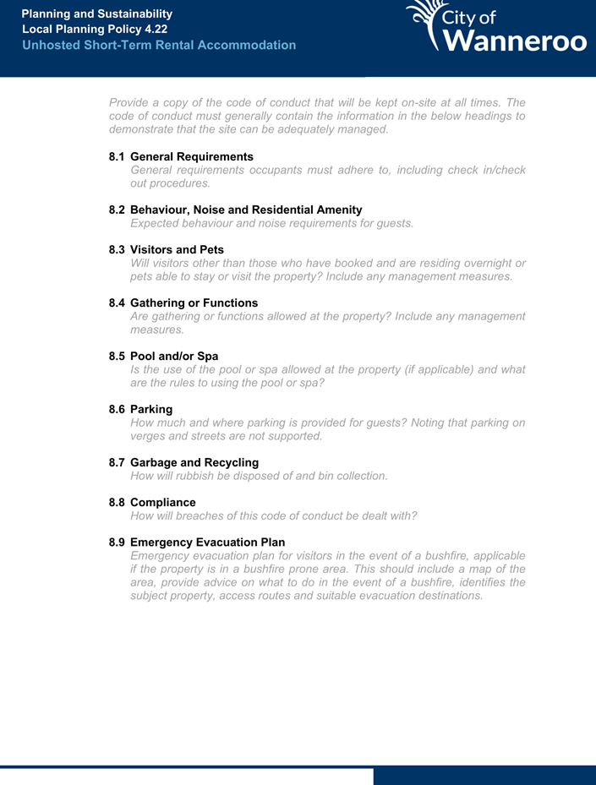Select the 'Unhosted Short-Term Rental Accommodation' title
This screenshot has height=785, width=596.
point(159,45)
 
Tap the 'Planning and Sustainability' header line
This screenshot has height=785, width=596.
point(97,14)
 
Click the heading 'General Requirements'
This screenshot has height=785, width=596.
point(192,156)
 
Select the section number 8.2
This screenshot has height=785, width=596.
point(118,209)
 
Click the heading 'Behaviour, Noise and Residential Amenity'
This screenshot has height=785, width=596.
point(246,209)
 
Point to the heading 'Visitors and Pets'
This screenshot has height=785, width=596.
point(177,249)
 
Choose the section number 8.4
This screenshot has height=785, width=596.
point(118,303)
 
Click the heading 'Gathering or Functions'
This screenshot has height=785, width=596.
point(194,303)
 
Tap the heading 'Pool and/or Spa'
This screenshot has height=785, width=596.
point(174,356)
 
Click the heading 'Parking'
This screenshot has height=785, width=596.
point(151,409)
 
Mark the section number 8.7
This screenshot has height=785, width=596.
point(118,462)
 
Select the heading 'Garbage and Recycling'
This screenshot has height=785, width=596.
point(194,462)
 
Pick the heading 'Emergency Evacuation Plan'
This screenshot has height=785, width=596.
point(207,542)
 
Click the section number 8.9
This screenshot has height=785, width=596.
point(118,542)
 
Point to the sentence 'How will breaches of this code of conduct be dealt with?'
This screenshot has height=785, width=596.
point(273,515)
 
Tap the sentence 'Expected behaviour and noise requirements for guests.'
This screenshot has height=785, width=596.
point(271,223)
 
